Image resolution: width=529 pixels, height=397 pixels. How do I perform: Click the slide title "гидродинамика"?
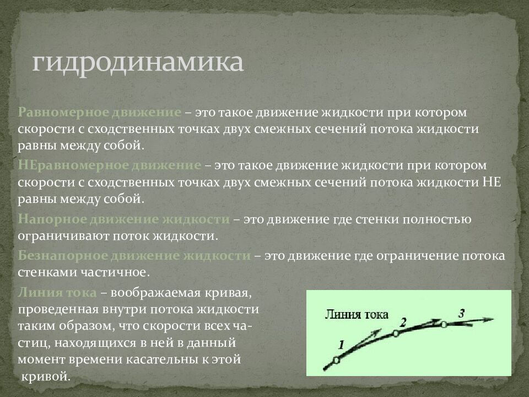(137, 62)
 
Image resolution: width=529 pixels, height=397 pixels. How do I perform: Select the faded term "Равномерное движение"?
(100, 112)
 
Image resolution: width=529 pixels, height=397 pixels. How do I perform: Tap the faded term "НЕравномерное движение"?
(110, 165)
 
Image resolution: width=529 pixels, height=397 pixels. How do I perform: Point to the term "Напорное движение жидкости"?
(124, 219)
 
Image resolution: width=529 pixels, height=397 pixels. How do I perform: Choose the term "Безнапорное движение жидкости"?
(134, 255)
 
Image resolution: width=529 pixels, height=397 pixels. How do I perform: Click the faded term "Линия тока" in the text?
(57, 292)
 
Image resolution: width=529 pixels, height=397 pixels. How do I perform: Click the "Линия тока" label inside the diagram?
(357, 314)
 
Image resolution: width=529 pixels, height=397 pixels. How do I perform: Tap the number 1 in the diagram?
(341, 345)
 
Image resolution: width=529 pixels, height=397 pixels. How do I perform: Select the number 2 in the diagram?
(403, 323)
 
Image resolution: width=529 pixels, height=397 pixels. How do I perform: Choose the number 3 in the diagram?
(462, 313)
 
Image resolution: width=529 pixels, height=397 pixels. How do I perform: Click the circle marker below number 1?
(336, 361)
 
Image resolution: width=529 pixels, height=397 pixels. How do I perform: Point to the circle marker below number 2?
(396, 334)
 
